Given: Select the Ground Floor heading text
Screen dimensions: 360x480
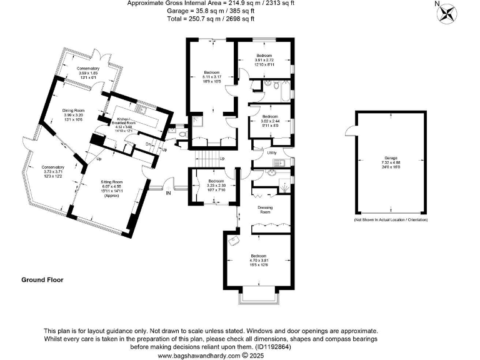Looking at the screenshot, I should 42,280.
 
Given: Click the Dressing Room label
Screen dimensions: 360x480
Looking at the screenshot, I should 265,209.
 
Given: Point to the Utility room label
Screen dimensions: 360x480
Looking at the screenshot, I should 271,152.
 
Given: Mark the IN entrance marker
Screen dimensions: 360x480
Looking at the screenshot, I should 167,194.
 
